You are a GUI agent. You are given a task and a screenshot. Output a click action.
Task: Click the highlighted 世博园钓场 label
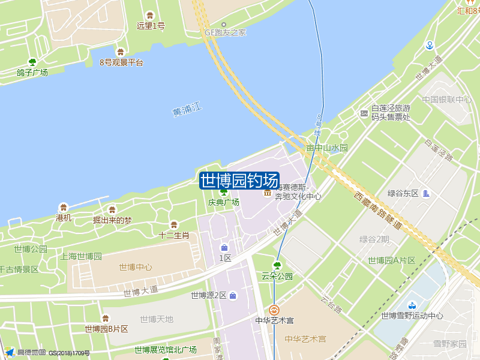click(239, 180)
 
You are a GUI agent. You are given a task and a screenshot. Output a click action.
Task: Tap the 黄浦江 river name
click(188, 110)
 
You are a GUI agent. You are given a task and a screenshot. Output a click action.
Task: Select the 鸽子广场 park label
click(32, 73)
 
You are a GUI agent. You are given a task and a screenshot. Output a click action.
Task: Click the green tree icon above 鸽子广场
click(32, 62)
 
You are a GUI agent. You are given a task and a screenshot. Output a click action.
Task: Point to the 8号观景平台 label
click(121, 62)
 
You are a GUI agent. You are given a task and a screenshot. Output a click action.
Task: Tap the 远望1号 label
click(151, 26)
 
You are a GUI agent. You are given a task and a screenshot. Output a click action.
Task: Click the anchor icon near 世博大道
click(430, 45)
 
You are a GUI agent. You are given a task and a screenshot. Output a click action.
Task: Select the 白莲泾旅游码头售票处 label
click(391, 112)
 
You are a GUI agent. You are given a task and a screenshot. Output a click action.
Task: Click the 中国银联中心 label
click(446, 100)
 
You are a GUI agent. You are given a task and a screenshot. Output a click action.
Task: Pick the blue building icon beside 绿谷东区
click(426, 193)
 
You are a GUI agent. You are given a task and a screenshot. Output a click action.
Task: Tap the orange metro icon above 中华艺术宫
click(274, 310)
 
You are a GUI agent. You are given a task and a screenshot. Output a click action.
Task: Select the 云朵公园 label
click(277, 276)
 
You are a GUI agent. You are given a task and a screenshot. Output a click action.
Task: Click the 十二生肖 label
click(174, 235)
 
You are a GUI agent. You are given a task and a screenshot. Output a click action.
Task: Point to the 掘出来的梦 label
click(112, 220)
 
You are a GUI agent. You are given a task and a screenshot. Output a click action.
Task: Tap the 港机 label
click(64, 218)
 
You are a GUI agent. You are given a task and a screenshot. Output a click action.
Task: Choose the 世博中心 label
click(135, 268)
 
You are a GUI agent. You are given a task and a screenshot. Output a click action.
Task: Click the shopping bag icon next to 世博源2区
click(233, 295)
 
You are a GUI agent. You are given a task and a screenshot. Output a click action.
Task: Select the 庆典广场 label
click(224, 202)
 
